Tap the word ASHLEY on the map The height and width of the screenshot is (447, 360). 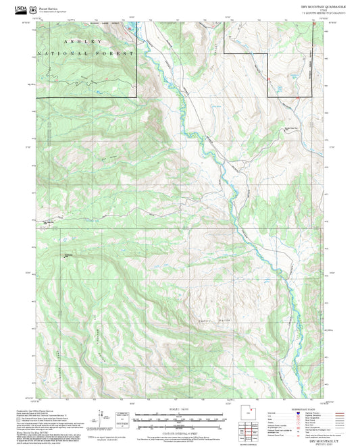[x=71, y=42]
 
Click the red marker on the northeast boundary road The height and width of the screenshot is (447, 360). [x=269, y=79]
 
